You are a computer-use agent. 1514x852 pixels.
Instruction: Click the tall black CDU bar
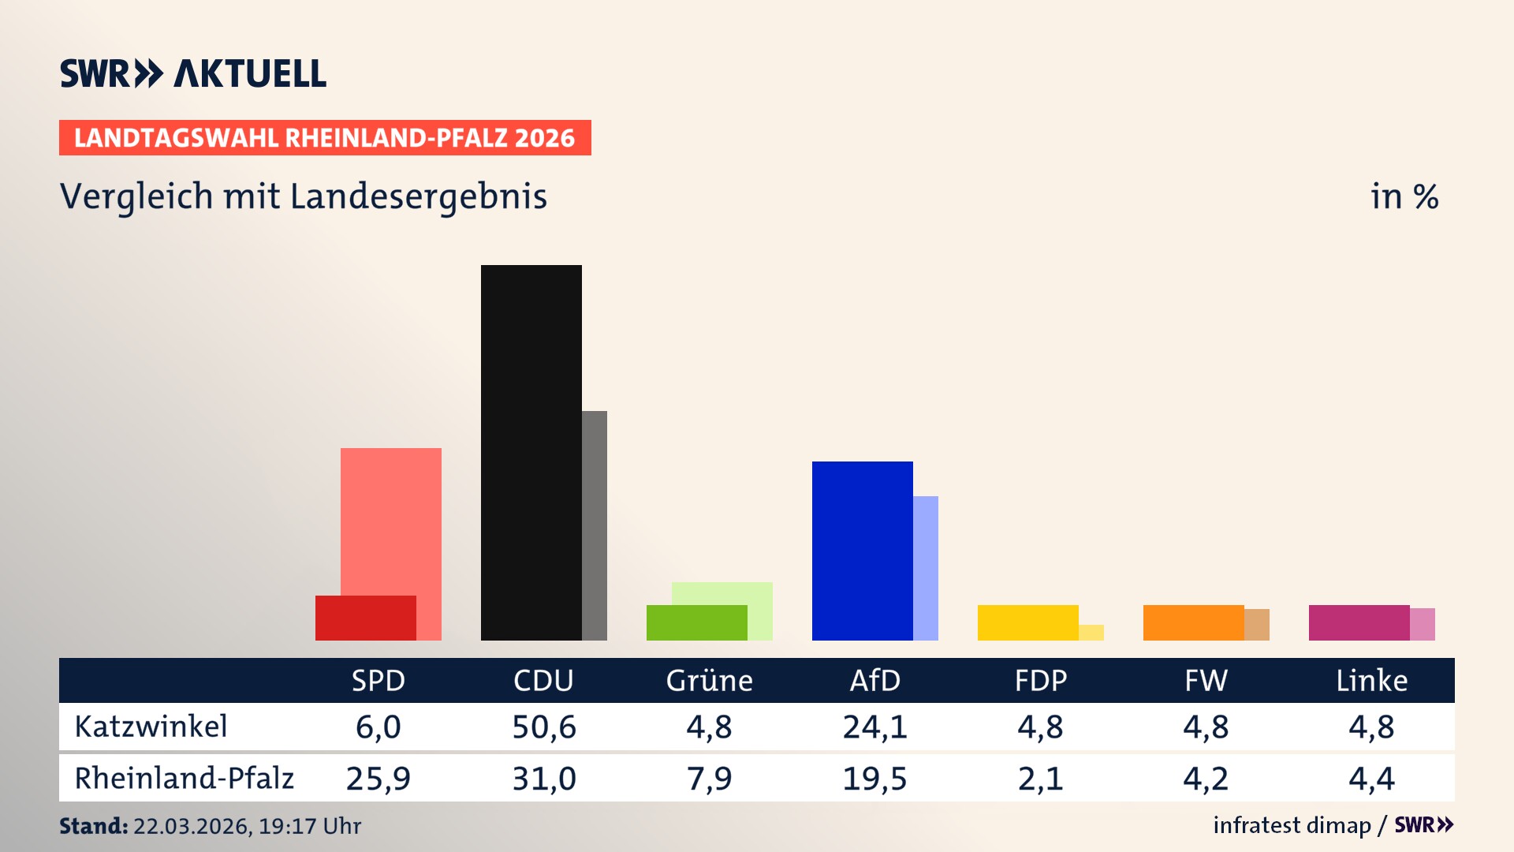point(531,452)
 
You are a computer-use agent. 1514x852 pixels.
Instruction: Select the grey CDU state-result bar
point(595,525)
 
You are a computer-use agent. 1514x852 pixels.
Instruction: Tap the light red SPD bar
point(391,521)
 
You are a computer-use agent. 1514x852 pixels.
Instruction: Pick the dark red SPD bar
point(365,618)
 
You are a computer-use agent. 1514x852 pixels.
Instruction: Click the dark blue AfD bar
point(862,550)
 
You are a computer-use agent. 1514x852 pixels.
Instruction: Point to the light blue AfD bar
point(926,568)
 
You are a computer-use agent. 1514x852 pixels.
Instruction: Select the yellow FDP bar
point(1027,622)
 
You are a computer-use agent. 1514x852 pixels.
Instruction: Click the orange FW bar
point(1193,622)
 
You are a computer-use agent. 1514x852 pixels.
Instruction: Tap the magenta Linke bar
point(1359,622)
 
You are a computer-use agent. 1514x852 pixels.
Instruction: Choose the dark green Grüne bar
point(696,622)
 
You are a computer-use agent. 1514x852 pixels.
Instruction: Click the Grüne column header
point(709,680)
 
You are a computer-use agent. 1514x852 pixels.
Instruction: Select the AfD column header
point(874,680)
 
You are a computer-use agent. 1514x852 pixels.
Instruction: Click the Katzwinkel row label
point(151,727)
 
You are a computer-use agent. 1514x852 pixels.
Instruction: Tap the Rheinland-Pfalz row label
point(184,779)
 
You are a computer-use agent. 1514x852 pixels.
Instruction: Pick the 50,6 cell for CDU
point(544,727)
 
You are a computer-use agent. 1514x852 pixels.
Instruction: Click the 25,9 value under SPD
point(378,779)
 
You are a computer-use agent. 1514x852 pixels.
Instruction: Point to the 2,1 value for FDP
point(1040,779)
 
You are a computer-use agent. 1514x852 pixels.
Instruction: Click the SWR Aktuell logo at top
point(193,73)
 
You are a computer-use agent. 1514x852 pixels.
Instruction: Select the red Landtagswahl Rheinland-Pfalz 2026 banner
point(325,138)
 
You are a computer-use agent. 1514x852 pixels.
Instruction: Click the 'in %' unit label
point(1404,196)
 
